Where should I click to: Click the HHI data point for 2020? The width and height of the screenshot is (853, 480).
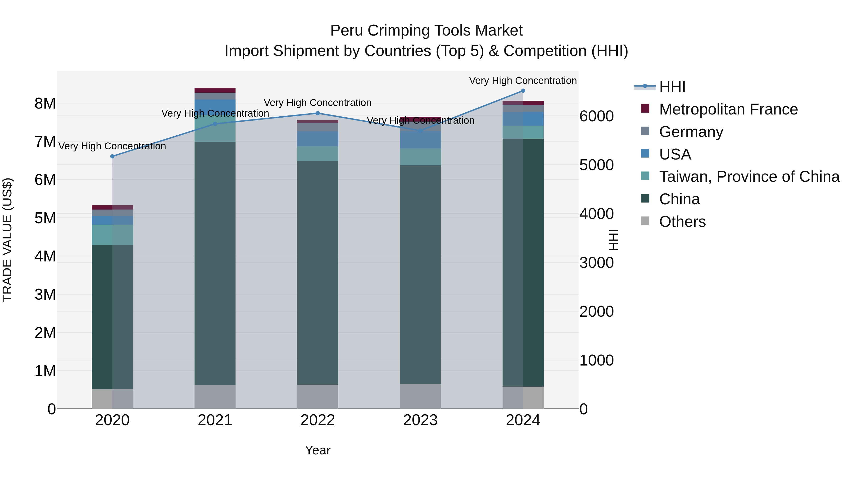112,156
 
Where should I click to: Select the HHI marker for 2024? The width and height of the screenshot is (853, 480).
523,91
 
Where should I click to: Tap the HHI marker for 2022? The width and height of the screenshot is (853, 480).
318,113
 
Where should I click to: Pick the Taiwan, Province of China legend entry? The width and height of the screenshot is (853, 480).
749,177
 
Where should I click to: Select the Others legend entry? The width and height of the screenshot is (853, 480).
682,222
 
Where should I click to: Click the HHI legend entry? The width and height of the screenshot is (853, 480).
672,87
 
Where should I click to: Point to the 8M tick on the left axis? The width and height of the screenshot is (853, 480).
45,104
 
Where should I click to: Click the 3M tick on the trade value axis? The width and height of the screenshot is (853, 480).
45,294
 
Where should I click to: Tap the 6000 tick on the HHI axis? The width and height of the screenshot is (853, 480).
596,116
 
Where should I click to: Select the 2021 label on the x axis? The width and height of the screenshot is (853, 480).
215,420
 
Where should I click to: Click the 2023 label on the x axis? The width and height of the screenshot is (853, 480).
420,420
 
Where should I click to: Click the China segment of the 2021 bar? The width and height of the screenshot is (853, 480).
215,263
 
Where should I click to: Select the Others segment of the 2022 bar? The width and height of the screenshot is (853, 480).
318,397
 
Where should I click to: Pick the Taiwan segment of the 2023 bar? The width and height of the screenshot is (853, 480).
420,157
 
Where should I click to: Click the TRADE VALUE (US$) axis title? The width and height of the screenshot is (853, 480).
7,240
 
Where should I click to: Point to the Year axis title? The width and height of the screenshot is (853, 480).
318,450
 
